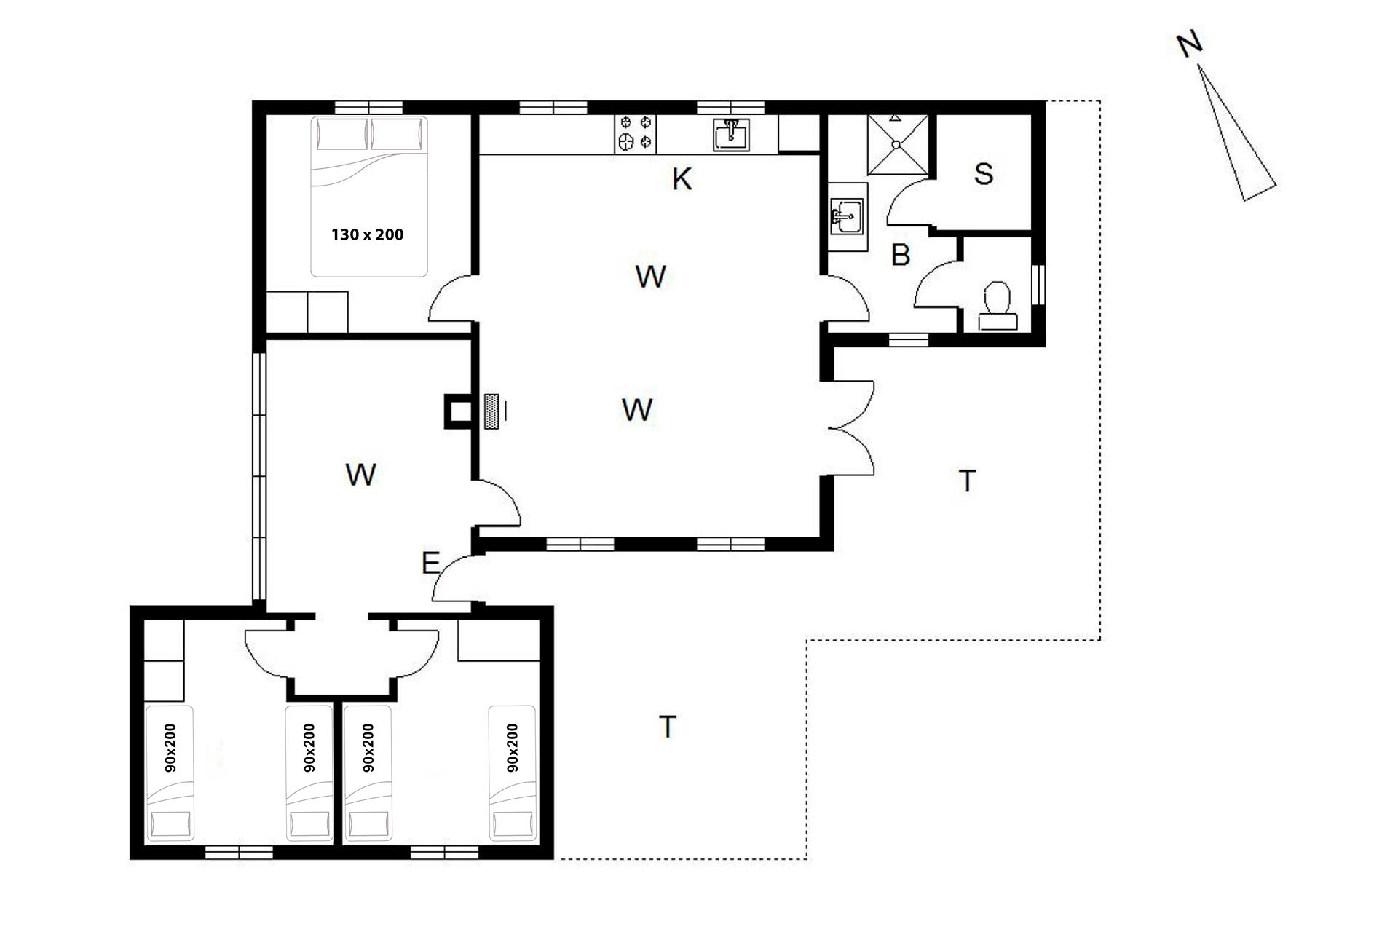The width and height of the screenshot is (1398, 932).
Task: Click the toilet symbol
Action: pyautogui.click(x=996, y=306)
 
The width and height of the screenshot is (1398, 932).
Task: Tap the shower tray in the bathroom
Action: pyautogui.click(x=897, y=144)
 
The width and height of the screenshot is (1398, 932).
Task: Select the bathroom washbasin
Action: pyautogui.click(x=848, y=216)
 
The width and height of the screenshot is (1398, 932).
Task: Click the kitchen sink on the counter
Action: pyautogui.click(x=731, y=135)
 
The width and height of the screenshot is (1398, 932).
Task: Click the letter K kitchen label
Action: pyautogui.click(x=682, y=178)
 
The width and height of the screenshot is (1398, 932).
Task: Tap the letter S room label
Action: pyautogui.click(x=983, y=174)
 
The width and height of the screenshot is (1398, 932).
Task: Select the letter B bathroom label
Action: pyautogui.click(x=901, y=255)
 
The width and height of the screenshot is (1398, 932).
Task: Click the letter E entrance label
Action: pyautogui.click(x=430, y=563)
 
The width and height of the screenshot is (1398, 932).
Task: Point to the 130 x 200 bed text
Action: pyautogui.click(x=367, y=234)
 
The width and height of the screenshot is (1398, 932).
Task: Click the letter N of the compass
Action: pyautogui.click(x=1189, y=45)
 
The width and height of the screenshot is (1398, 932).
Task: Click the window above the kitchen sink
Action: pyautogui.click(x=730, y=108)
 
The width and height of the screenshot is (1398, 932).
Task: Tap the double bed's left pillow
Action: pyautogui.click(x=341, y=135)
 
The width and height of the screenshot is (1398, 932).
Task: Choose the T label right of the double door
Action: pyautogui.click(x=967, y=481)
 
